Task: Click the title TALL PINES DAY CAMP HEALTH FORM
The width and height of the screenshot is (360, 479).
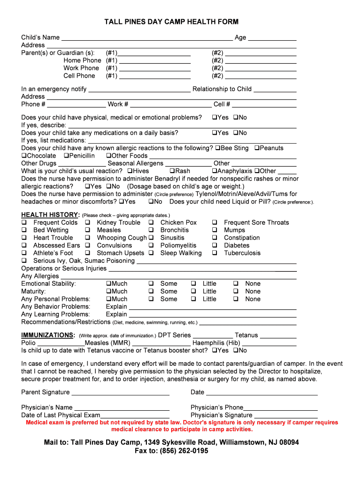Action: tap(171, 22)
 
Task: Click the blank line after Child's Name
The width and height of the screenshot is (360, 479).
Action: tap(147, 38)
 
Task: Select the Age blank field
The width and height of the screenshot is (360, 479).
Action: tap(272, 38)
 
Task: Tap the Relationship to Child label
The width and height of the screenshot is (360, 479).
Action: tap(222, 89)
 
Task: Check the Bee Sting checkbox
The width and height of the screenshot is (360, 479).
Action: tap(218, 148)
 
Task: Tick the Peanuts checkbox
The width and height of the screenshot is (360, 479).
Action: tap(257, 148)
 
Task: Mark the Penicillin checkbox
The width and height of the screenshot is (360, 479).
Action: tap(66, 156)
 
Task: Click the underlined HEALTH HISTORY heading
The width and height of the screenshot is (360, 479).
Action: tap(50, 215)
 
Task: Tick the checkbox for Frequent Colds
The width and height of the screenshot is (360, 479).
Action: tap(23, 223)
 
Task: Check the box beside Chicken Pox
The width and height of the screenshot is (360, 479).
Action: tap(151, 223)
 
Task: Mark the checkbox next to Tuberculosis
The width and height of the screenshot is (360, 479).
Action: tap(214, 253)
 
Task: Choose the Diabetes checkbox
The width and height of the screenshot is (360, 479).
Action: tap(214, 246)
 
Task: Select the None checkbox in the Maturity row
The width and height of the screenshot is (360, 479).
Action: tap(236, 291)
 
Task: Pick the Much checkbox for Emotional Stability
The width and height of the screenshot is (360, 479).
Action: tap(108, 284)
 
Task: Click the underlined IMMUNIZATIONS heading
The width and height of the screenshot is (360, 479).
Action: tap(48, 335)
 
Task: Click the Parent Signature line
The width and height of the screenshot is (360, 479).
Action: tap(120, 393)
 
